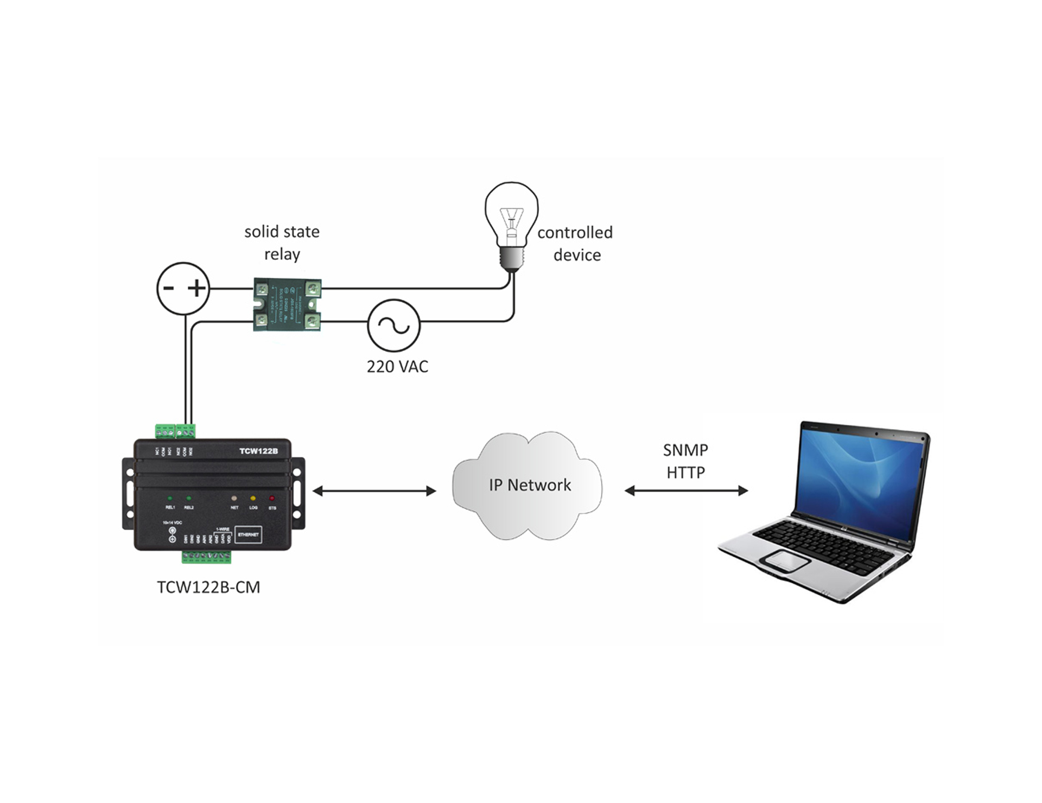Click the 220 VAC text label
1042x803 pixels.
pos(397,367)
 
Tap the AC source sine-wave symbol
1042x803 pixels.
pos(394,325)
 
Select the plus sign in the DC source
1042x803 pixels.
pos(198,288)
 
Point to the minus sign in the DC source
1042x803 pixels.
pos(169,288)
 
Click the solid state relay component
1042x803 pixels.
pos(287,304)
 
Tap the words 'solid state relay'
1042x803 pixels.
pos(282,243)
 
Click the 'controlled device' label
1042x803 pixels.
pos(575,244)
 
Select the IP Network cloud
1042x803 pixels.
pos(528,486)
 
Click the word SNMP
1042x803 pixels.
pos(685,450)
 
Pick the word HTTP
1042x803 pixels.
pos(685,473)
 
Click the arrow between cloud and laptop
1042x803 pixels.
pos(686,491)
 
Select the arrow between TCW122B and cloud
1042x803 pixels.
pos(374,491)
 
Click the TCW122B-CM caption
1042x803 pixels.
pos(208,588)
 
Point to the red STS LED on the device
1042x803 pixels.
pos(272,498)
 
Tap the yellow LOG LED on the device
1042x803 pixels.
pos(253,498)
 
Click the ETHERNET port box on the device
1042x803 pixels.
pos(248,535)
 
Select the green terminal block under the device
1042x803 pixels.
pos(207,557)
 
